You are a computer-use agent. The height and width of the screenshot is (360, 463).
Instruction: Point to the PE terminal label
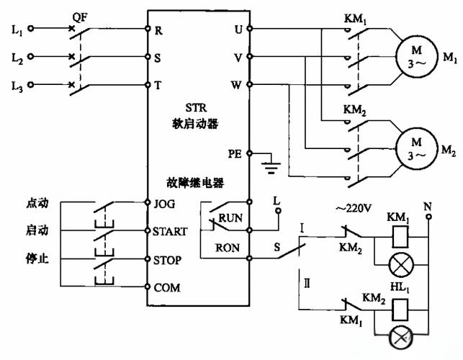[x=234, y=153]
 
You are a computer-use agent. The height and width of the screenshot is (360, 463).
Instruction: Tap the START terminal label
[x=170, y=232]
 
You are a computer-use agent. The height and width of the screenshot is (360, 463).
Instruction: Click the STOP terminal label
[x=167, y=259]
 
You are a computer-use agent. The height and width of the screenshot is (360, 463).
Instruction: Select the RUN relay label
[x=230, y=216]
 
